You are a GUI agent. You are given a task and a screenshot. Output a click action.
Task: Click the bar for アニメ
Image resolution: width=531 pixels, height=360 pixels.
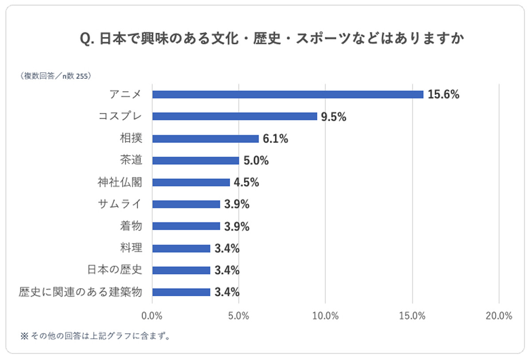pyautogui.click(x=288, y=94)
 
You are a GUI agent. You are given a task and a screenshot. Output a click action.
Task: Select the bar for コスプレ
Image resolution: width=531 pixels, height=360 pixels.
pyautogui.click(x=235, y=116)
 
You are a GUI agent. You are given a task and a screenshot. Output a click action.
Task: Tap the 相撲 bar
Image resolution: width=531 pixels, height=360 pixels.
pyautogui.click(x=205, y=139)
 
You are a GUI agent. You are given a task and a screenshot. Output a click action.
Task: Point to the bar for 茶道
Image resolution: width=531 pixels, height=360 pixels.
pyautogui.click(x=196, y=160)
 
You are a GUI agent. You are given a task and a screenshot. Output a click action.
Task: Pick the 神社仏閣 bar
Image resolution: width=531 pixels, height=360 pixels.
pyautogui.click(x=191, y=182)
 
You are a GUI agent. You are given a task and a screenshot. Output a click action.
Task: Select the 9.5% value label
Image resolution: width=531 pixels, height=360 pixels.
pyautogui.click(x=333, y=117)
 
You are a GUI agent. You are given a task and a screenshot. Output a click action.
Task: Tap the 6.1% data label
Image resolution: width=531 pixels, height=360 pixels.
pyautogui.click(x=275, y=139)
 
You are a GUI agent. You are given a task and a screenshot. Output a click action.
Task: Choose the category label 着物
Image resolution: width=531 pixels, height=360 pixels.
pyautogui.click(x=131, y=226)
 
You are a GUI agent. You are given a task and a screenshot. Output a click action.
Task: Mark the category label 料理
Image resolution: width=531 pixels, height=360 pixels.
pyautogui.click(x=131, y=248)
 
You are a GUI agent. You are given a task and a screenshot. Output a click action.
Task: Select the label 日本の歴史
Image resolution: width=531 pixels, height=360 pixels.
pyautogui.click(x=114, y=270)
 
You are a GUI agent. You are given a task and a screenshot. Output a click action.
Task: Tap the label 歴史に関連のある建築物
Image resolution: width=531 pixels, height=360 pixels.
pyautogui.click(x=81, y=292)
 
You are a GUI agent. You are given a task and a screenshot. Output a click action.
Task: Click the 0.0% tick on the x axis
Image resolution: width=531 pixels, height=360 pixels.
pyautogui.click(x=152, y=316)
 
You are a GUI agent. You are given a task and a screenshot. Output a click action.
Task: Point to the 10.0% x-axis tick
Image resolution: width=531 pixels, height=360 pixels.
pyautogui.click(x=325, y=316)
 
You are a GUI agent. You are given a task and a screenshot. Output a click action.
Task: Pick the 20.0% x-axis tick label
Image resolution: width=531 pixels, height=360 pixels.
pyautogui.click(x=499, y=316)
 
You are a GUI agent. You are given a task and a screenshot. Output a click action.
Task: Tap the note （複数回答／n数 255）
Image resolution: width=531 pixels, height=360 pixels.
pyautogui.click(x=55, y=76)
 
